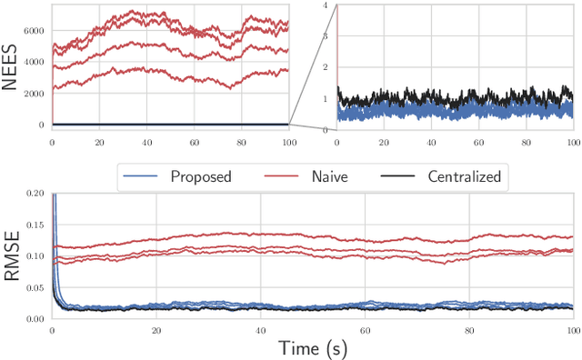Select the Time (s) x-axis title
[x=312, y=347]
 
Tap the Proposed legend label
[x=201, y=176]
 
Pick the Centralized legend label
[x=464, y=176]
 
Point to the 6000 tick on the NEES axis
[x=34, y=31]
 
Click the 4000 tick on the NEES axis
[x=34, y=63]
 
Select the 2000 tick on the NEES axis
[x=34, y=94]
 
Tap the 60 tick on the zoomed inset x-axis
[x=479, y=142]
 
